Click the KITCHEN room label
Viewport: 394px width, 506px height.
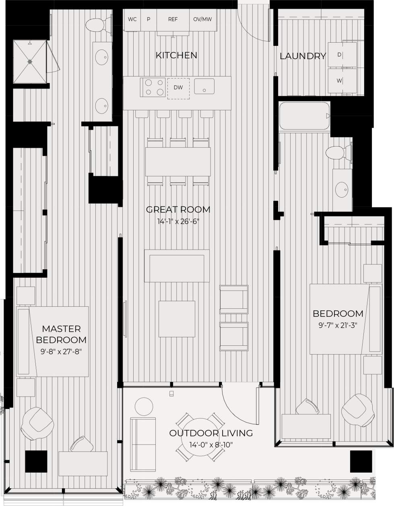[176, 55]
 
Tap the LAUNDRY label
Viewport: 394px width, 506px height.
[302, 56]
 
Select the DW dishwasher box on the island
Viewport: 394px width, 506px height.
[178, 88]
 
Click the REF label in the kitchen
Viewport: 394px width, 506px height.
[173, 19]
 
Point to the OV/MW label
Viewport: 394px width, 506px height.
[202, 19]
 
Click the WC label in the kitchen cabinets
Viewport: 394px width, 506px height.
[132, 19]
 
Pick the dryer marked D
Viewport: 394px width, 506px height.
[342, 54]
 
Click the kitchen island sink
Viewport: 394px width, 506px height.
[204, 86]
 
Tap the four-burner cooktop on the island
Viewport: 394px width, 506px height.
[153, 87]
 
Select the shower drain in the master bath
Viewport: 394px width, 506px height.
[29, 62]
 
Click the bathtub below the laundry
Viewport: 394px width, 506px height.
[304, 116]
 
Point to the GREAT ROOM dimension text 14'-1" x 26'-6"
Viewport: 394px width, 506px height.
[178, 221]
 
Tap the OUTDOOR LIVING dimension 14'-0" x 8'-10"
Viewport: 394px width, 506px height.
[210, 445]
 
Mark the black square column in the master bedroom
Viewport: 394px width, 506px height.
[37, 462]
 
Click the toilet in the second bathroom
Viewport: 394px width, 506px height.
[336, 153]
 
